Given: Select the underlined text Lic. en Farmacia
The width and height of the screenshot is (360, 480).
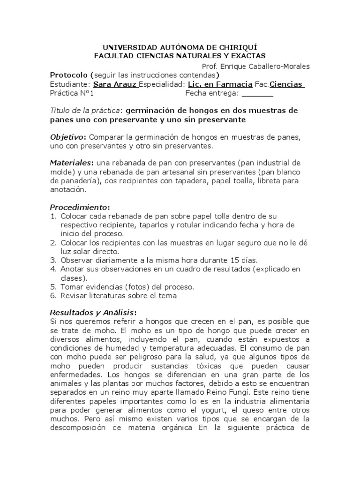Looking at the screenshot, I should [x=220, y=84].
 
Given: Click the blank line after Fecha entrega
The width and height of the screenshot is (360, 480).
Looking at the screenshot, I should [x=257, y=93].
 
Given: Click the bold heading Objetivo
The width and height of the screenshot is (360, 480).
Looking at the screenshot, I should [x=68, y=137].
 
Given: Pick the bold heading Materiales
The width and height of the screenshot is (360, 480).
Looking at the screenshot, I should [x=71, y=163].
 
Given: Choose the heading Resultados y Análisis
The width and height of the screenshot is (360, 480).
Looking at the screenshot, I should [x=93, y=313].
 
